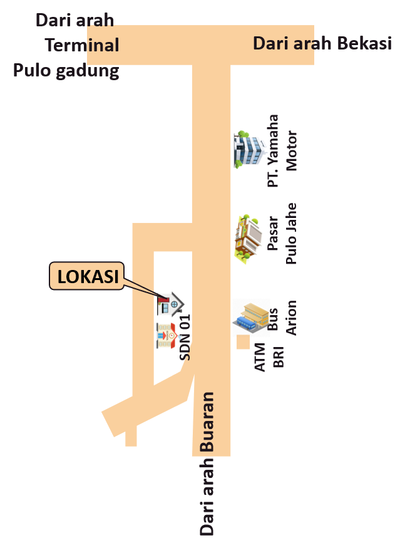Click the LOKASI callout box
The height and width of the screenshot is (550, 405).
click(87, 276)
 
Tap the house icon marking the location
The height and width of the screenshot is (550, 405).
click(170, 304)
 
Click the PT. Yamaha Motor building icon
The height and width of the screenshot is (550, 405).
click(250, 150)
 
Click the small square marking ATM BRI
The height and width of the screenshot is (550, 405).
click(243, 343)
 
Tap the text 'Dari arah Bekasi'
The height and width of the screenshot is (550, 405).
click(322, 43)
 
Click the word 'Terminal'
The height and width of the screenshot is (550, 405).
click(82, 45)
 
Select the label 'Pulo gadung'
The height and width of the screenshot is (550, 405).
click(66, 70)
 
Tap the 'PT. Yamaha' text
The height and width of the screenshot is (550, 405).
click(273, 150)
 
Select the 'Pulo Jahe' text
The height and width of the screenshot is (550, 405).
click(291, 233)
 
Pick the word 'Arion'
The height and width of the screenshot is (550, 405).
click(291, 318)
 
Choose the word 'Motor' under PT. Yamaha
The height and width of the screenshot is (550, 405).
click(292, 150)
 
